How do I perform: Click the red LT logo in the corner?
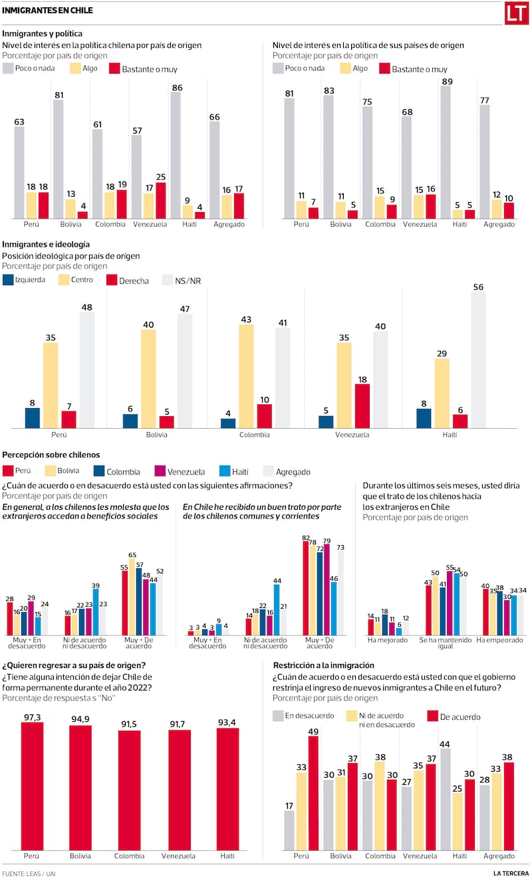coord(516,13)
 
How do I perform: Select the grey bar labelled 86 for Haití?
coord(176,156)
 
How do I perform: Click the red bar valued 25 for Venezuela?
coord(161,201)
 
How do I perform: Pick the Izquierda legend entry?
coord(25,280)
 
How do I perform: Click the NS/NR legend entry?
coord(186,281)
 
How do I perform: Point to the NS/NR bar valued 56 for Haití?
coord(477,360)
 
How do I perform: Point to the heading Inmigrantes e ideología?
coord(47,244)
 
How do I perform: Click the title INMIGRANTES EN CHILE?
coord(47,11)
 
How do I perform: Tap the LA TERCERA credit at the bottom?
coord(511,873)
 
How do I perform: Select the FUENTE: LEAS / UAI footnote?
coord(29,873)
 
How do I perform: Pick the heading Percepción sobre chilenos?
coord(51,455)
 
